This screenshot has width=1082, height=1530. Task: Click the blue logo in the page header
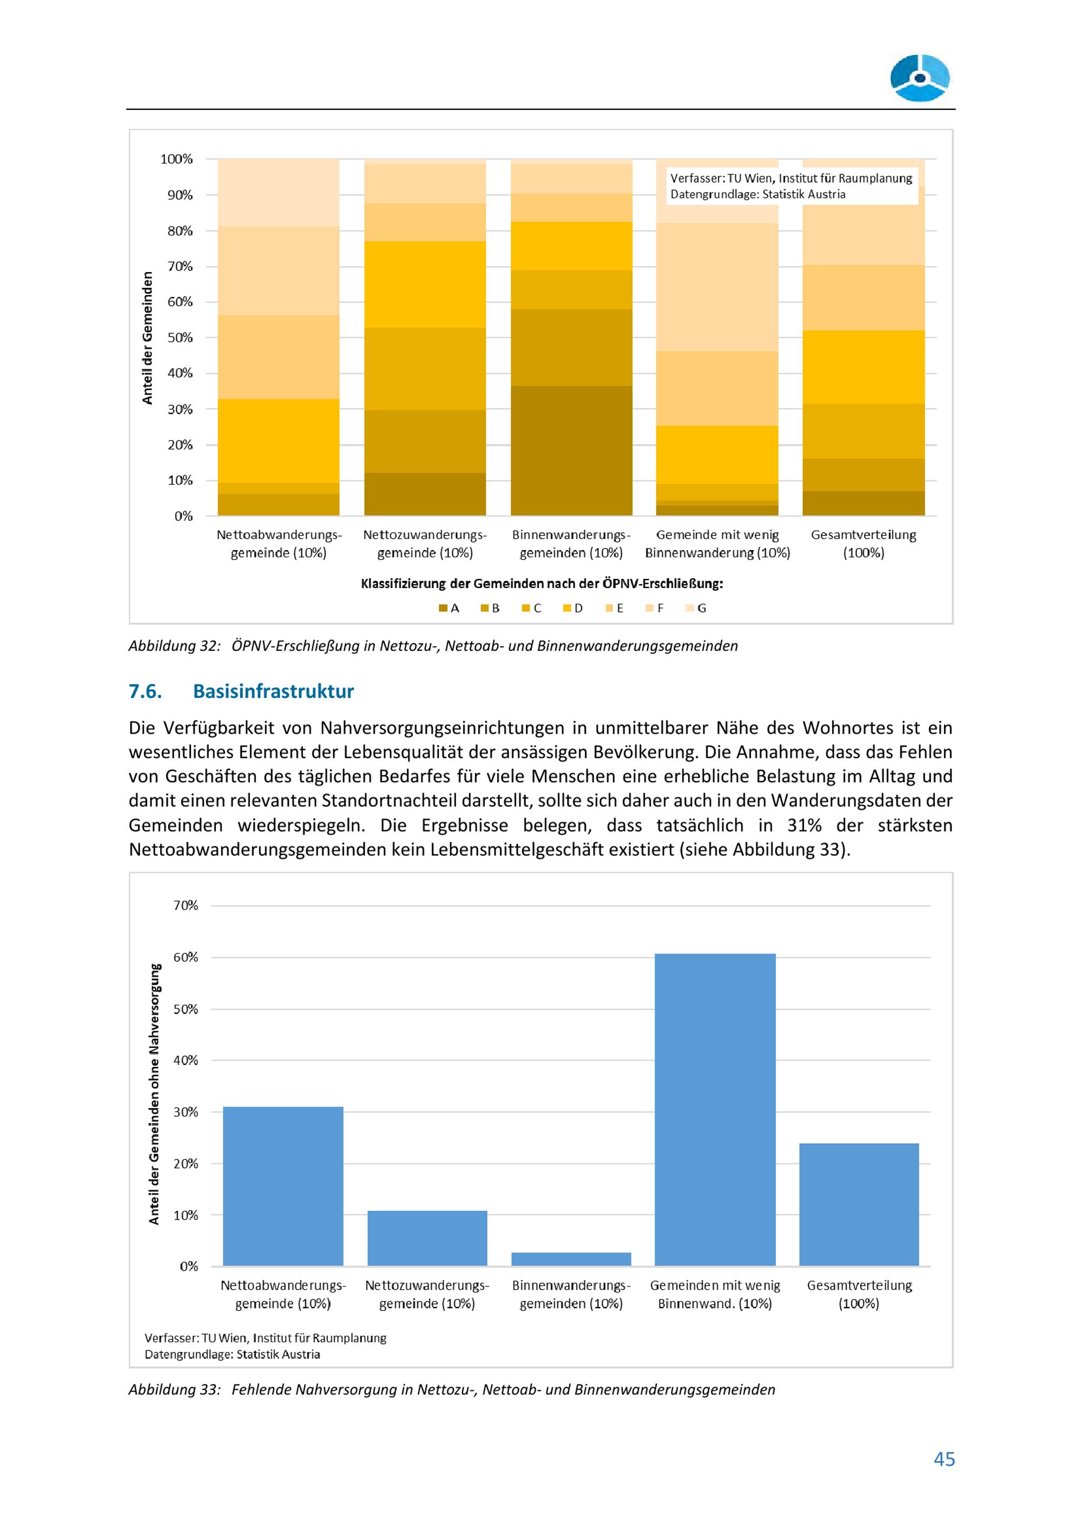point(920,78)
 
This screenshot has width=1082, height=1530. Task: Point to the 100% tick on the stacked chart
point(176,159)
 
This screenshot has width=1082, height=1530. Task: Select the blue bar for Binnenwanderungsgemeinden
point(571,1259)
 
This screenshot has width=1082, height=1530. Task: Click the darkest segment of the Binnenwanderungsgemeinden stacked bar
point(571,451)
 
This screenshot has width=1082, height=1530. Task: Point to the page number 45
point(944,1459)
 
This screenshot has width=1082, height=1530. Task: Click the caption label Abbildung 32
point(174,646)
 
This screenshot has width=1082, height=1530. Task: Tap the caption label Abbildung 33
point(174,1389)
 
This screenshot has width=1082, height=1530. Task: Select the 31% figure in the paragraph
point(803,826)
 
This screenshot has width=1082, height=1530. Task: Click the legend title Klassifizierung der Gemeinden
point(541,584)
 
